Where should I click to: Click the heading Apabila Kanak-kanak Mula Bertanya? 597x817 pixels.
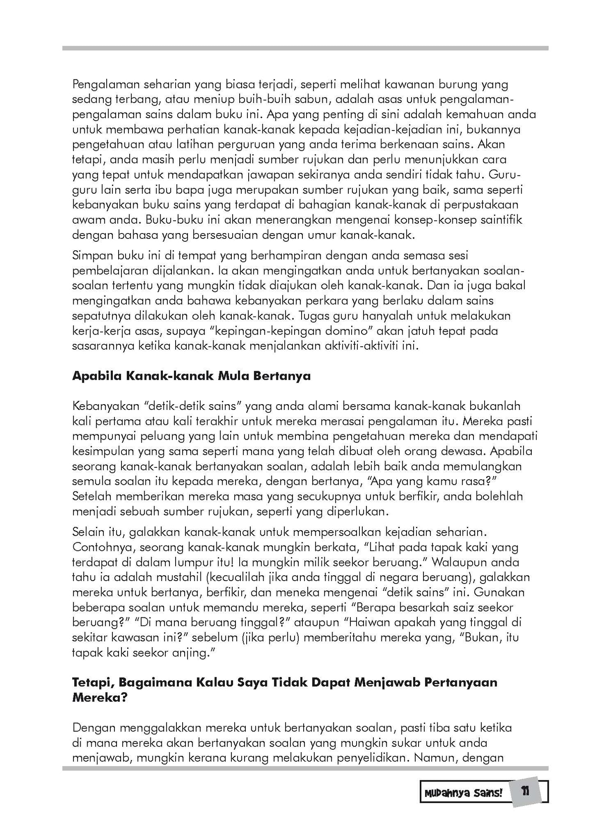(x=191, y=376)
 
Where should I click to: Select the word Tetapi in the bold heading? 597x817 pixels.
(x=93, y=682)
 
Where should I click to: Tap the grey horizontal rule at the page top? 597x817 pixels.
(x=305, y=48)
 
